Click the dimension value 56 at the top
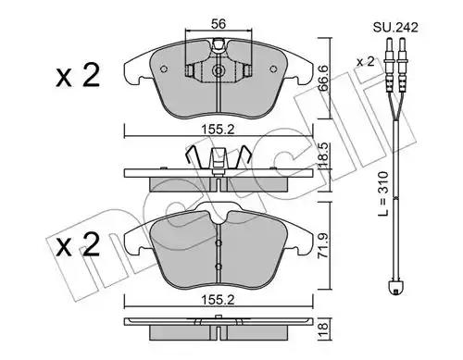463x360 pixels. pos(219,24)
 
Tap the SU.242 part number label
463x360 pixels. pos(395,28)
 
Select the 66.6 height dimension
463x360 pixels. pos(324,78)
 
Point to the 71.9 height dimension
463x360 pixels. pos(324,245)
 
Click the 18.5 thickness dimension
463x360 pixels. pos(324,155)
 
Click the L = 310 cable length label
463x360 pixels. pos(383,193)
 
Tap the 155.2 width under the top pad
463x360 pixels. pos(218,130)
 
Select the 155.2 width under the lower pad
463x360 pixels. pos(218,300)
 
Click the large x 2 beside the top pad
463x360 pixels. pos(78,75)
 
